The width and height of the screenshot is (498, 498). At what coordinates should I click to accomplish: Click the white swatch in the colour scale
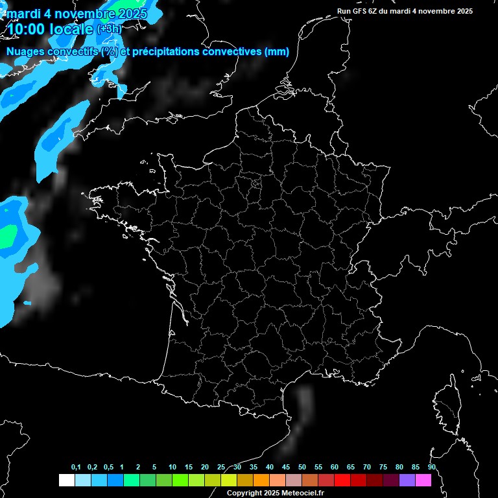66,480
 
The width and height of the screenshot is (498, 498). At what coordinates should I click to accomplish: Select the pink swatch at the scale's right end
423,480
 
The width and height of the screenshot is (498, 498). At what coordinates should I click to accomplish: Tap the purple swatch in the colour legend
407,480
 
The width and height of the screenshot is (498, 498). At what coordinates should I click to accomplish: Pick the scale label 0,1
76,468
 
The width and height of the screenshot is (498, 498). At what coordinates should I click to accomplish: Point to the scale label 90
431,468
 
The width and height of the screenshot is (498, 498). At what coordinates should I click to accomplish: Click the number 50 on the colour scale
302,468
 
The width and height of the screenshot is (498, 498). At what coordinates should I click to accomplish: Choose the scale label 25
221,468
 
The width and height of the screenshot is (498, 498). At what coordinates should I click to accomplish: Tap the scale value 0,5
108,468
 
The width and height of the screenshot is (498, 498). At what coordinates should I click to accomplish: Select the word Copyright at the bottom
244,493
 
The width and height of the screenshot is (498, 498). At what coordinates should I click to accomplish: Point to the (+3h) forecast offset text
109,29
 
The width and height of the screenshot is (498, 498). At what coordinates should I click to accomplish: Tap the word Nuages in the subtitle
25,52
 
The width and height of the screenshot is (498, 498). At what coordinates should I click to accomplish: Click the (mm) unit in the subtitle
277,52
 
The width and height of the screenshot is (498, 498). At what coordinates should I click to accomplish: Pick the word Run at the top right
344,11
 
